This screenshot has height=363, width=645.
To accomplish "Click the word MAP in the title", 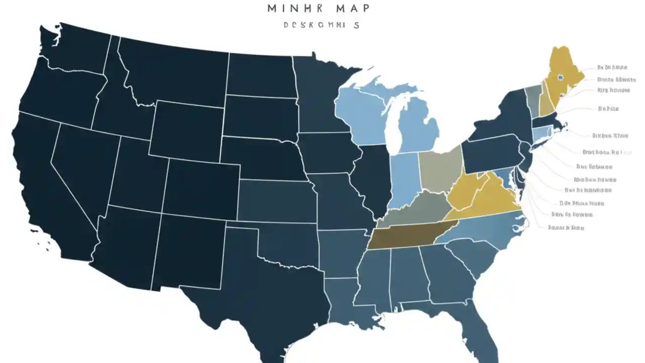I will point(352,8).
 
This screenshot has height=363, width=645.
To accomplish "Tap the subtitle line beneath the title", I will point(321,25).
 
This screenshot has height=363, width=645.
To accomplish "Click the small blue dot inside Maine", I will point(560,78).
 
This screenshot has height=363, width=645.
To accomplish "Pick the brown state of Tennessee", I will point(403,236).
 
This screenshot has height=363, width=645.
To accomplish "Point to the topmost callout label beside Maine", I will point(612,67).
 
